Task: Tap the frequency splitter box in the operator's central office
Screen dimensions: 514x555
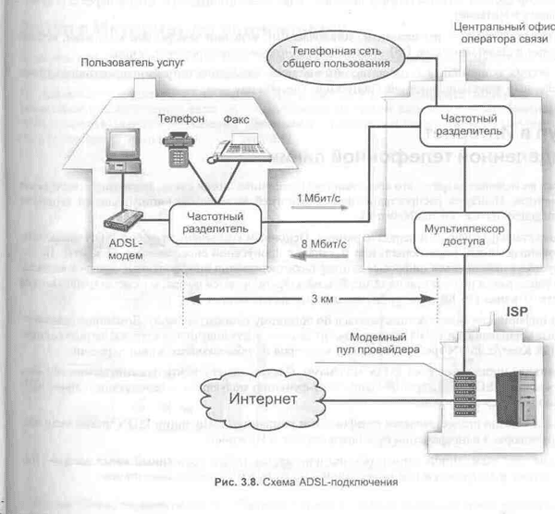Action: pos(456,126)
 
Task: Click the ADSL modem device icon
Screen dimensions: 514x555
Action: pos(124,219)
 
